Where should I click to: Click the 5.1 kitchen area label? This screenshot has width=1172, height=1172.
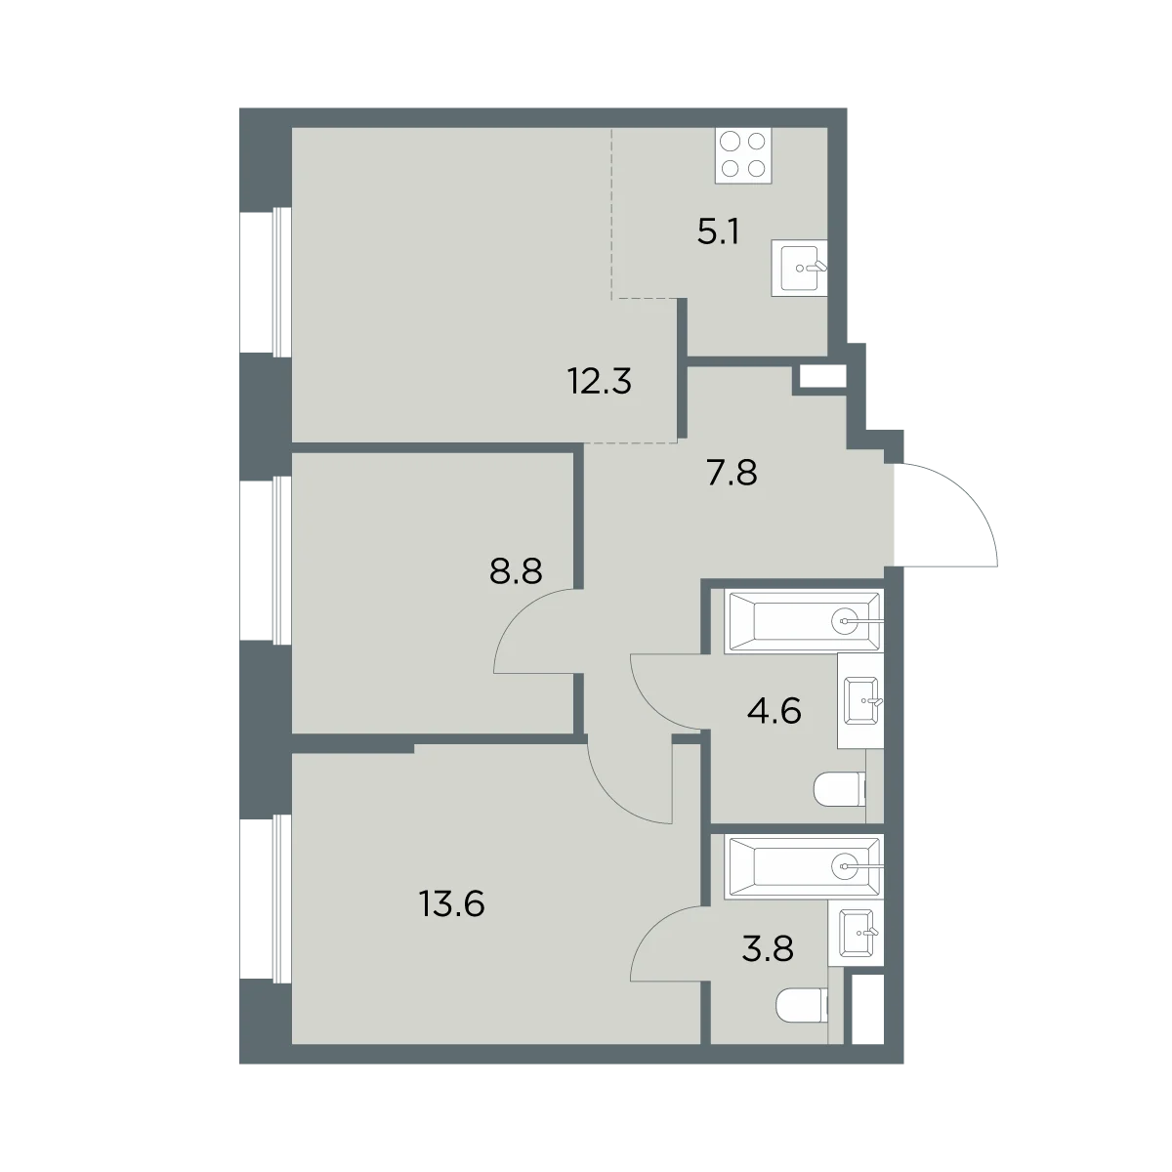click(x=718, y=232)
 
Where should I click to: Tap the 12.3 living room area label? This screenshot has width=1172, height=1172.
click(x=600, y=381)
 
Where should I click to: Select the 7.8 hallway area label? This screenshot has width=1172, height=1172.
click(x=732, y=473)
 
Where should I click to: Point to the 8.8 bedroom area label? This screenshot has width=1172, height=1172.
click(x=516, y=571)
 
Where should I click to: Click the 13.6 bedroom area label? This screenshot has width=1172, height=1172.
click(x=451, y=903)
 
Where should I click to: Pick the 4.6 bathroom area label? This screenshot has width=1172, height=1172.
click(x=774, y=710)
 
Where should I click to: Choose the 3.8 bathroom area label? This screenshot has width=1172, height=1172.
click(x=768, y=948)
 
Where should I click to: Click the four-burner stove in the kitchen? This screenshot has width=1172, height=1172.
click(x=743, y=155)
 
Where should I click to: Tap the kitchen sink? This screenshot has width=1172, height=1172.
click(x=799, y=269)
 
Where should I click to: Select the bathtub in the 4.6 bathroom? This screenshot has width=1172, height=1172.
click(x=804, y=621)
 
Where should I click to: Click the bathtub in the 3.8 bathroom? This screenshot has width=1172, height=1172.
click(x=804, y=866)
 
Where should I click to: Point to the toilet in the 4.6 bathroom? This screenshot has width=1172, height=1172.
click(x=840, y=789)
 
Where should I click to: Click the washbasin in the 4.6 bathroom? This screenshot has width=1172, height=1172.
click(x=860, y=701)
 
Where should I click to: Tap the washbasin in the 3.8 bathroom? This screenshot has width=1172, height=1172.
click(x=857, y=932)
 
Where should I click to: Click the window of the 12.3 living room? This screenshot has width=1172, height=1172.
click(x=266, y=281)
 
